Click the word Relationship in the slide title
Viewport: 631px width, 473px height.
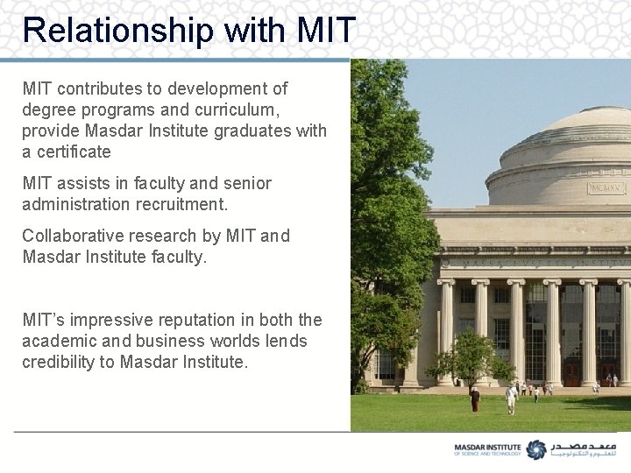click(117, 30)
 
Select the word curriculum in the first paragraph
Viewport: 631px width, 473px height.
click(243, 109)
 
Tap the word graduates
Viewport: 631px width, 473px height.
click(252, 131)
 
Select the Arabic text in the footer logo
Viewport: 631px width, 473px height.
click(583, 449)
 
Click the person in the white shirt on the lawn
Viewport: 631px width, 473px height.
click(511, 399)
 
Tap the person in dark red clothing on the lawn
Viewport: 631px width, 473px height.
click(474, 399)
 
